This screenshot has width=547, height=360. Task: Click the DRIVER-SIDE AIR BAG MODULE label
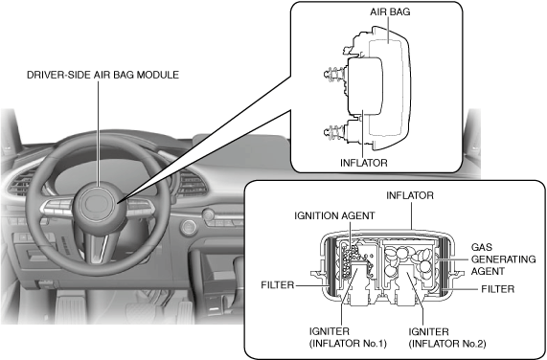point(103,75)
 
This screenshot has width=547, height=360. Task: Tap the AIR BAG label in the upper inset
point(390,11)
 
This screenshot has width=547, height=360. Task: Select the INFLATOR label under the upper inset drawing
point(364,163)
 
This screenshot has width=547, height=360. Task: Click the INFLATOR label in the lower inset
point(410,195)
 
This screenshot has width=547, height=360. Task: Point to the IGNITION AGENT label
point(334,215)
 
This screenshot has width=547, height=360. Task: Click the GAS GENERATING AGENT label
point(503,259)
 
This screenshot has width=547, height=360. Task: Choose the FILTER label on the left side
point(278,285)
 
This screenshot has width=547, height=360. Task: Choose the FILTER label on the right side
point(498,289)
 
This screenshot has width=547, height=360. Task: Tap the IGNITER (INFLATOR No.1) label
point(348,337)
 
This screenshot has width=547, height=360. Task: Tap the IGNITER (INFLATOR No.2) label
point(447,337)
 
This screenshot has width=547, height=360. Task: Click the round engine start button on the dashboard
point(189,228)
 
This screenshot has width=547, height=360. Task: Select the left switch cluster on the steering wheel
point(57,207)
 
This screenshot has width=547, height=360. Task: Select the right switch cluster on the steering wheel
point(141,207)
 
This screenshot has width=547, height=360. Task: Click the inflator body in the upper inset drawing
point(365,86)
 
